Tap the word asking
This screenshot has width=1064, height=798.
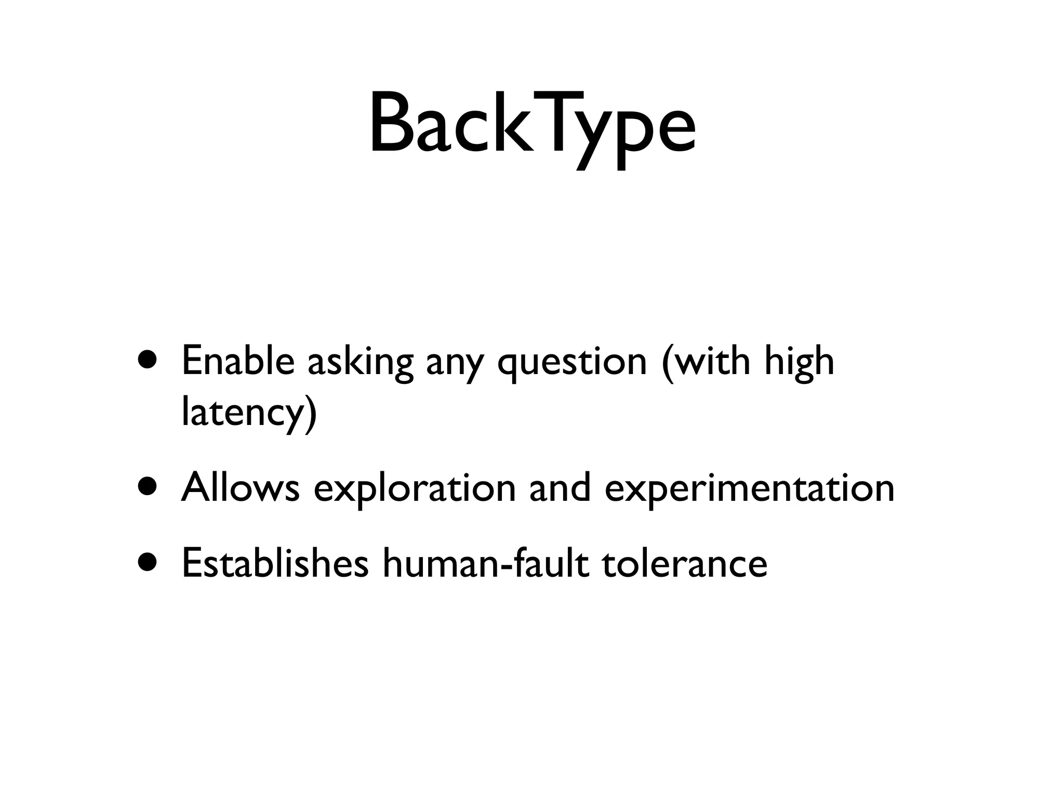coord(361,363)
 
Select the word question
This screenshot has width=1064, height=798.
coord(572,363)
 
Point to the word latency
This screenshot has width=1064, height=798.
coord(242,413)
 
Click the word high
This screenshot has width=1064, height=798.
coord(799,363)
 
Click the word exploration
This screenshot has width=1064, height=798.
coord(415,489)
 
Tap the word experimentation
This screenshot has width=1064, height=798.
coord(749,489)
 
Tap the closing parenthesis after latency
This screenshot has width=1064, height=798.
coord(310,414)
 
